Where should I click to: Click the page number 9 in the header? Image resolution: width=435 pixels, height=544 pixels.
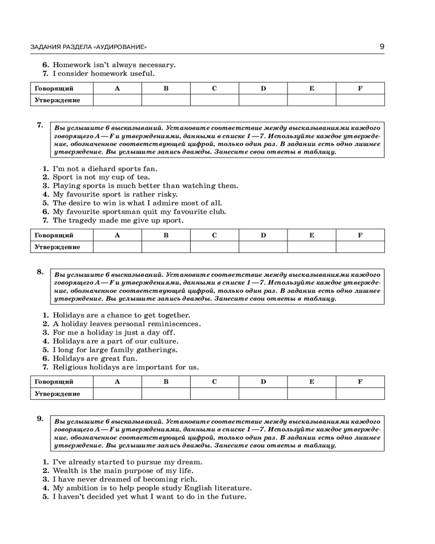[382, 46]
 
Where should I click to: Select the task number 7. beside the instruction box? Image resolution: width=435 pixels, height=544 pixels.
[40, 125]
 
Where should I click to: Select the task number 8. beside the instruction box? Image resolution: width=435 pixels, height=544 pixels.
[40, 271]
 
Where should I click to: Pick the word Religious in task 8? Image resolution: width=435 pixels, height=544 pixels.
[70, 367]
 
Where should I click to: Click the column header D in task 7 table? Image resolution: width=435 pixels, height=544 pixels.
[263, 235]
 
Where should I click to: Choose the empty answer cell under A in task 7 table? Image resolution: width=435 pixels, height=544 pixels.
[117, 247]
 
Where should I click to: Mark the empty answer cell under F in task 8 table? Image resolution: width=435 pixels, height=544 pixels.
[360, 393]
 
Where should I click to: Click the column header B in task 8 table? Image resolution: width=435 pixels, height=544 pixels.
[166, 381]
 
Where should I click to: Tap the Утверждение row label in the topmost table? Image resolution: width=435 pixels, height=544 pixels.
[57, 100]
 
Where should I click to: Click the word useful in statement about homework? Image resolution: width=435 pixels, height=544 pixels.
[143, 73]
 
